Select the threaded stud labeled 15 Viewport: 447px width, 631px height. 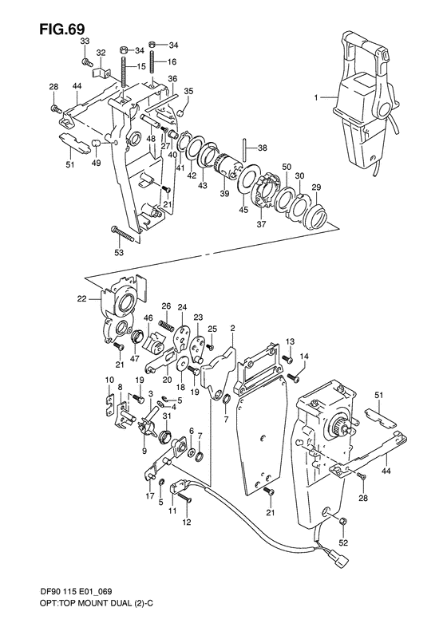pos(125,68)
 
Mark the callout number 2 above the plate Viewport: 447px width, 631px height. pos(232,329)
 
